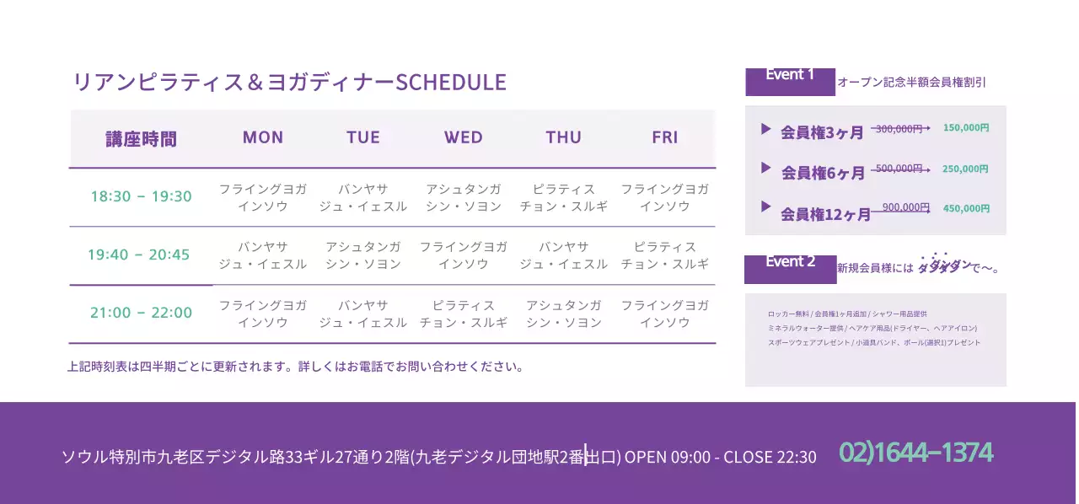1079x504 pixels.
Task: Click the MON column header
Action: click(263, 137)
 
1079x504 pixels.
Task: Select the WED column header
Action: click(464, 137)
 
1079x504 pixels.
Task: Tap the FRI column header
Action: click(665, 137)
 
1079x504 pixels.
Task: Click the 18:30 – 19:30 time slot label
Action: click(141, 196)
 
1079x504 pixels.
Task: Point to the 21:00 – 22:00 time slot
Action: click(141, 313)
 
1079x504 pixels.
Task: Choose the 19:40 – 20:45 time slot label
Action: click(139, 255)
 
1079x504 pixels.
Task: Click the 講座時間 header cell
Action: click(141, 139)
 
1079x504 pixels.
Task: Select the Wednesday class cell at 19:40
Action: click(464, 255)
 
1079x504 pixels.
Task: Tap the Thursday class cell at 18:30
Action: click(564, 197)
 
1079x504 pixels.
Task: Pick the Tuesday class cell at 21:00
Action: click(363, 314)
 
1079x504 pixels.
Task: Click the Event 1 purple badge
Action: click(790, 80)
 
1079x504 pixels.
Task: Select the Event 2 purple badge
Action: click(790, 267)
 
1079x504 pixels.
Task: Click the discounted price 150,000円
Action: click(966, 128)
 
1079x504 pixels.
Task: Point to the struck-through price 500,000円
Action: click(899, 169)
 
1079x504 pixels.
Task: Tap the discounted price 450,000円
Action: click(966, 208)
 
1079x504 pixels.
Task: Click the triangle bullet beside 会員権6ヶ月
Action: click(765, 168)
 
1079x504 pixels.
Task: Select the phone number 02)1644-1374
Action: click(916, 453)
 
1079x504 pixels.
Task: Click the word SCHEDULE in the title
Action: click(451, 83)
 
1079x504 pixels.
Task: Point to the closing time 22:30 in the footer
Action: click(797, 458)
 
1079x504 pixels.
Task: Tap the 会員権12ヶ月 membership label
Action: click(825, 215)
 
